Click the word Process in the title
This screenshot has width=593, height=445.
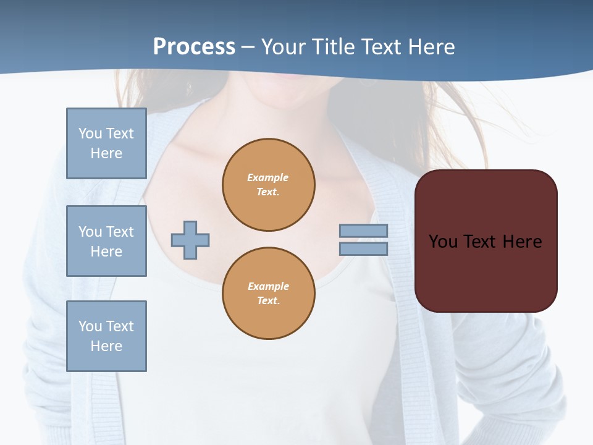[x=194, y=47]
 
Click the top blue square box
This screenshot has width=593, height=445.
[x=106, y=143]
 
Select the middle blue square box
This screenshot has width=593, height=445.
[x=106, y=241]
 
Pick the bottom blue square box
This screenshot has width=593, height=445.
[x=106, y=336]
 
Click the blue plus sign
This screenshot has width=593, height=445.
[x=190, y=240]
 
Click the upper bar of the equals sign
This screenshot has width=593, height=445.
[x=363, y=231]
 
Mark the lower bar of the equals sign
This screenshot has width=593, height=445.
[x=363, y=248]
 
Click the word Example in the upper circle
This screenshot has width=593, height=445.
[x=268, y=177]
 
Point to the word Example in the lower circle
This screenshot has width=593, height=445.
[x=268, y=286]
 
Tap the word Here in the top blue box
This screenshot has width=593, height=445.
[x=106, y=153]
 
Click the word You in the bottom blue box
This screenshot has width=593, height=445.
[x=90, y=326]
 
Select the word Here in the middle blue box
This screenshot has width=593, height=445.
[x=106, y=252]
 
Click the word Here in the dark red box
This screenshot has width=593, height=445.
[x=522, y=242]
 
